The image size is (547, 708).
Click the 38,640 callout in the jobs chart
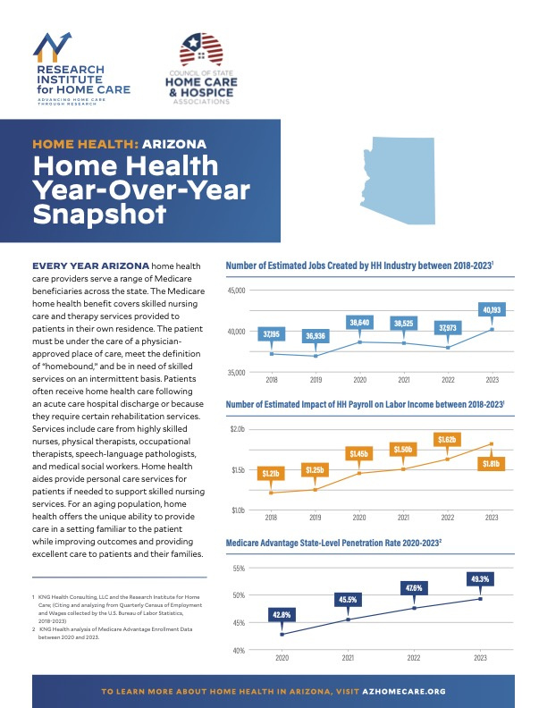coord(360,321)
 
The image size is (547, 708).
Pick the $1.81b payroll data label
coord(491,463)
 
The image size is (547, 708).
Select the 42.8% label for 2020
coord(282,614)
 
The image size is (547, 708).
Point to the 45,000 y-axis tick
coord(236,291)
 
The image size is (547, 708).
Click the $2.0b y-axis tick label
coord(238,430)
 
